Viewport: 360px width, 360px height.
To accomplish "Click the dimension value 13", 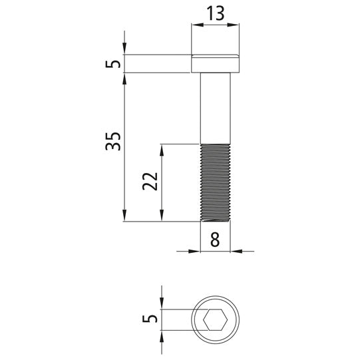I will tap(215, 12).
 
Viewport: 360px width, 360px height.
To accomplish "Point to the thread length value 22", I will tap(150, 181).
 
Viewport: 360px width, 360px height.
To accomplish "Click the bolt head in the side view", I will tap(215, 64).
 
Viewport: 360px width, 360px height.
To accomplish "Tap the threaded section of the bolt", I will tap(215, 182).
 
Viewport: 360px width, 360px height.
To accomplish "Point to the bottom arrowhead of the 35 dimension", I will tap(125, 217).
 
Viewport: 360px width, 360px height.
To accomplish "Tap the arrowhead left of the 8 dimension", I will tap(196, 252).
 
